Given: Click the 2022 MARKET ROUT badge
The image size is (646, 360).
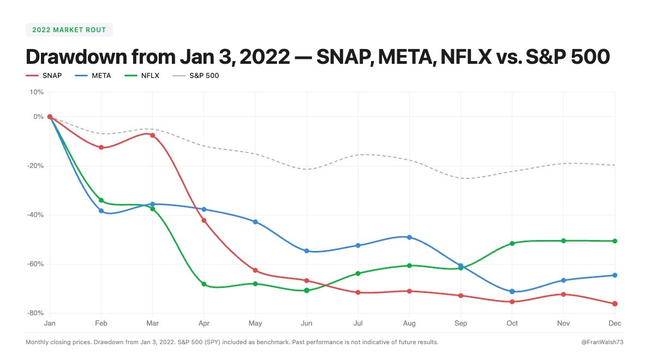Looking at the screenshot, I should [x=69, y=29].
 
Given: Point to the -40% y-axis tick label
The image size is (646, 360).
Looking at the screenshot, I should [x=36, y=215].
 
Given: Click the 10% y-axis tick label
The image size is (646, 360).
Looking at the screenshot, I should [x=37, y=92].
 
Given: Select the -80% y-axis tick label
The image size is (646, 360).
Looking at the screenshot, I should [x=36, y=313].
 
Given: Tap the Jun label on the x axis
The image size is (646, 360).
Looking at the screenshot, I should [x=307, y=323].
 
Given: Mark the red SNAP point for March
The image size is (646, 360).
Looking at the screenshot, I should [x=152, y=135].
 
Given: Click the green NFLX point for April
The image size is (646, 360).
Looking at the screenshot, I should [x=204, y=284].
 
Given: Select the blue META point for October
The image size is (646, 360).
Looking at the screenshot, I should [x=512, y=292].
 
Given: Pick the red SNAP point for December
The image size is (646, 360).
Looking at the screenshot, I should [x=615, y=304].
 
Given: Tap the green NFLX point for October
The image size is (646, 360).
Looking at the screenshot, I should [x=512, y=243].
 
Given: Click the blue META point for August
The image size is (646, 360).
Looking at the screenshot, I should [x=409, y=237].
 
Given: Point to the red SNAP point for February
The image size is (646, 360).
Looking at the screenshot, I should [x=101, y=147].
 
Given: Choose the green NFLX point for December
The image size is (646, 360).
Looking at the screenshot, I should [x=615, y=241].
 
